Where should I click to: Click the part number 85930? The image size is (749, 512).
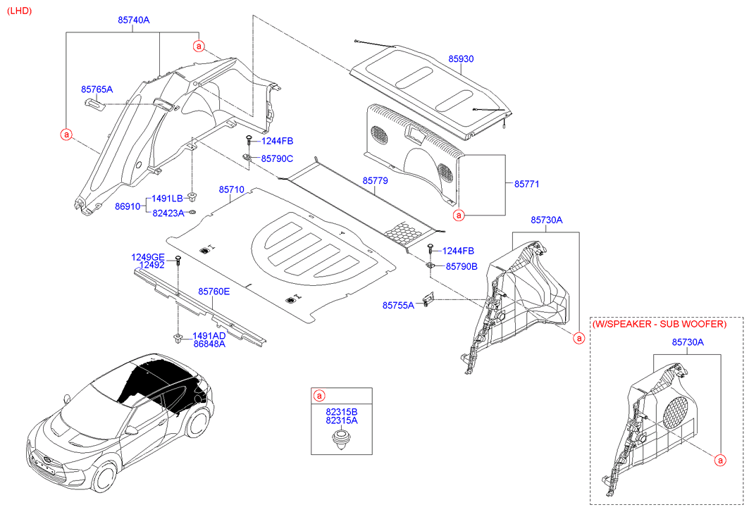tap(461, 61)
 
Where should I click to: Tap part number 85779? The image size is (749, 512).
tap(376, 181)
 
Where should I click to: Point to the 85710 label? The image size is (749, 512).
tap(231, 190)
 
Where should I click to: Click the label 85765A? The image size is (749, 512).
tap(97, 89)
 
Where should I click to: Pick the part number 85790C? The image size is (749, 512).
tap(277, 158)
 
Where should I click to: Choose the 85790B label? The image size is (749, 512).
tap(462, 266)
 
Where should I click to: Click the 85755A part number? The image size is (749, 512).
tap(399, 305)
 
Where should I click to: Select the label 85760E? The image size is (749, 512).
tap(213, 291)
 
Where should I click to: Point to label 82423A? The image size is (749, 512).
tap(168, 213)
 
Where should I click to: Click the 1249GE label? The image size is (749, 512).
tap(147, 257)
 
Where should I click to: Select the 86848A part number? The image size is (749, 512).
tap(209, 344)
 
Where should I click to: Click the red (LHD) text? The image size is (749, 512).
tap(20, 12)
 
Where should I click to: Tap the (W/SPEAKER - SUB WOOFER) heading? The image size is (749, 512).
tap(658, 324)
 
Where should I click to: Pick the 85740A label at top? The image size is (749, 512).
tap(133, 20)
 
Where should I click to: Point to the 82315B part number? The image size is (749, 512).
tap(342, 411)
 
